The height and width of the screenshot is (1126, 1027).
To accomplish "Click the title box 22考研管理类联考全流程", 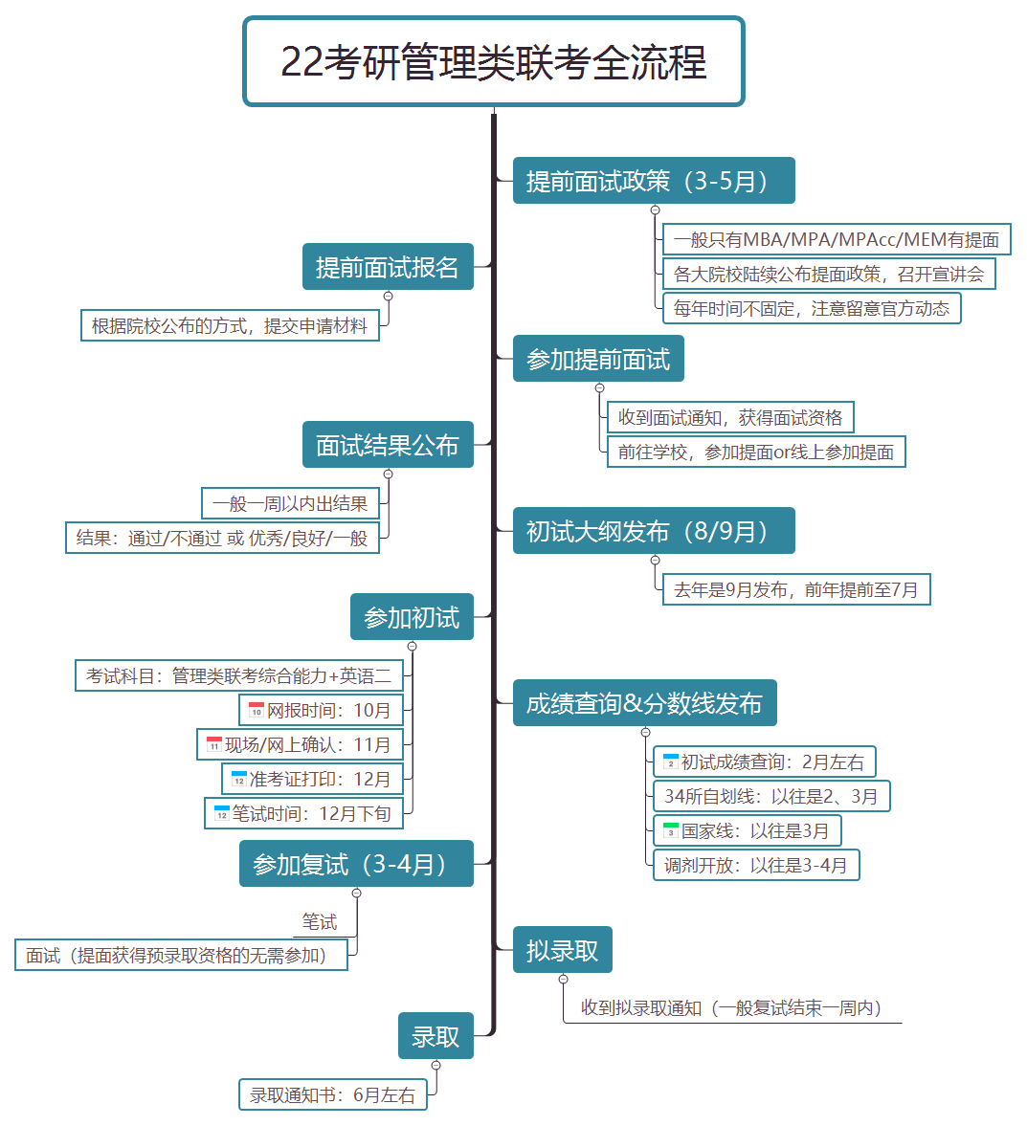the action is (x=494, y=62).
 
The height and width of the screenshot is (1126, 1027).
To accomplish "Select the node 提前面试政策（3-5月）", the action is (x=654, y=180).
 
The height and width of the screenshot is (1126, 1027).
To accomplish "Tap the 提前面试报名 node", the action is (x=388, y=266).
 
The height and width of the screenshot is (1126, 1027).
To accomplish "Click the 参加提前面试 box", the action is (x=598, y=359).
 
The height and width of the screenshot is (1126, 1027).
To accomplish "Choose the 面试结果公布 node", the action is (x=388, y=445).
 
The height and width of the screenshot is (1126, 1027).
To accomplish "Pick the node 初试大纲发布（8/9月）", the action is (x=654, y=531).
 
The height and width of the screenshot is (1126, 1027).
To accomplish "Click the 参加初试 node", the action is (x=412, y=617).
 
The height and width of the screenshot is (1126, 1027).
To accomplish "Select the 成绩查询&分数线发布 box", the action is (x=645, y=703).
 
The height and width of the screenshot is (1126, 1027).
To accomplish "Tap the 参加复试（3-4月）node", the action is (x=356, y=863).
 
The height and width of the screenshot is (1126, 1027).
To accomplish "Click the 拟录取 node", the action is (x=562, y=949).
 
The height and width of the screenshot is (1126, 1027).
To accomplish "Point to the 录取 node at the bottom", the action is (x=435, y=1035).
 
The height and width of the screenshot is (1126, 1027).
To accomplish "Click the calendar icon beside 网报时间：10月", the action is (x=256, y=710).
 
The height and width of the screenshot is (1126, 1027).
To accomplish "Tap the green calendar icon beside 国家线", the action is (x=671, y=830).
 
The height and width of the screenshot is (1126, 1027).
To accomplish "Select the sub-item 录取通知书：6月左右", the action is (x=333, y=1095).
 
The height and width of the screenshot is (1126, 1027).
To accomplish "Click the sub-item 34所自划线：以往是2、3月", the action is (x=771, y=796).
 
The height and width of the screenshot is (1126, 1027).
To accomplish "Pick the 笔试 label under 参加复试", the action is (x=320, y=922).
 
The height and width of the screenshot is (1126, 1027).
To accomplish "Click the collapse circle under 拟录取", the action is (x=564, y=980).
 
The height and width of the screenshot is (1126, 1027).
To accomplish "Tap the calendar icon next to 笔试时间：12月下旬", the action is (x=221, y=813).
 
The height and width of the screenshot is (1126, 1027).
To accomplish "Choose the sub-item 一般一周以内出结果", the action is (x=290, y=503).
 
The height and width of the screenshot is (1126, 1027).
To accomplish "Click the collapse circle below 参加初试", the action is (x=412, y=647).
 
